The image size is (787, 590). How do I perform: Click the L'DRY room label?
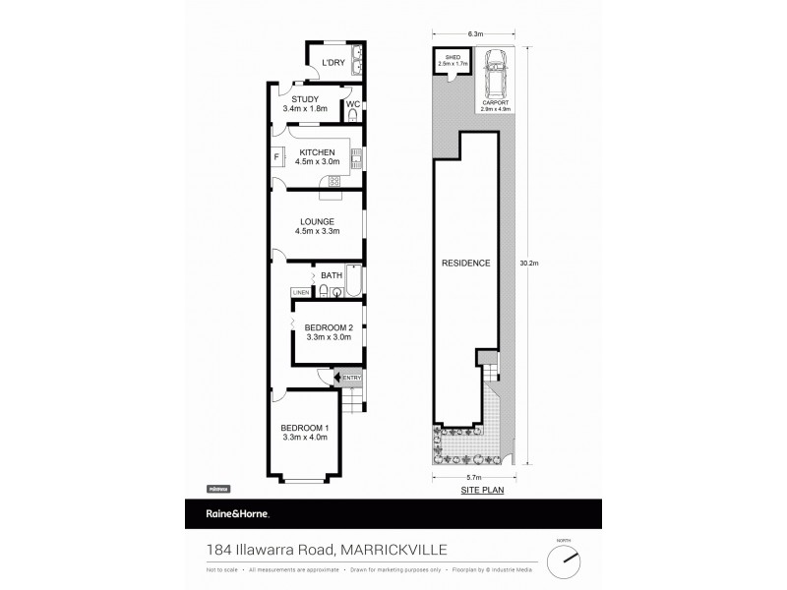(333, 63)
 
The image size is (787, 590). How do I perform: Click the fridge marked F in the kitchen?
(276, 156)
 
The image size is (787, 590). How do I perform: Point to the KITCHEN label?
(317, 152)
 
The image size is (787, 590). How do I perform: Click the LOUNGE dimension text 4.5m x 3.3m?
(317, 231)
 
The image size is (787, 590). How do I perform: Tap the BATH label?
(331, 275)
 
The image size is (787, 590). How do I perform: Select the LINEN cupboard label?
(301, 292)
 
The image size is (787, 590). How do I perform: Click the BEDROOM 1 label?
(305, 426)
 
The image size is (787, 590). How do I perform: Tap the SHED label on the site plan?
(453, 58)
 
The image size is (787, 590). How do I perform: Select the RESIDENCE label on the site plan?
(465, 263)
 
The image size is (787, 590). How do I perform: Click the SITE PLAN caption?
(475, 489)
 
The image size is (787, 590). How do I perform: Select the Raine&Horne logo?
(227, 514)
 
